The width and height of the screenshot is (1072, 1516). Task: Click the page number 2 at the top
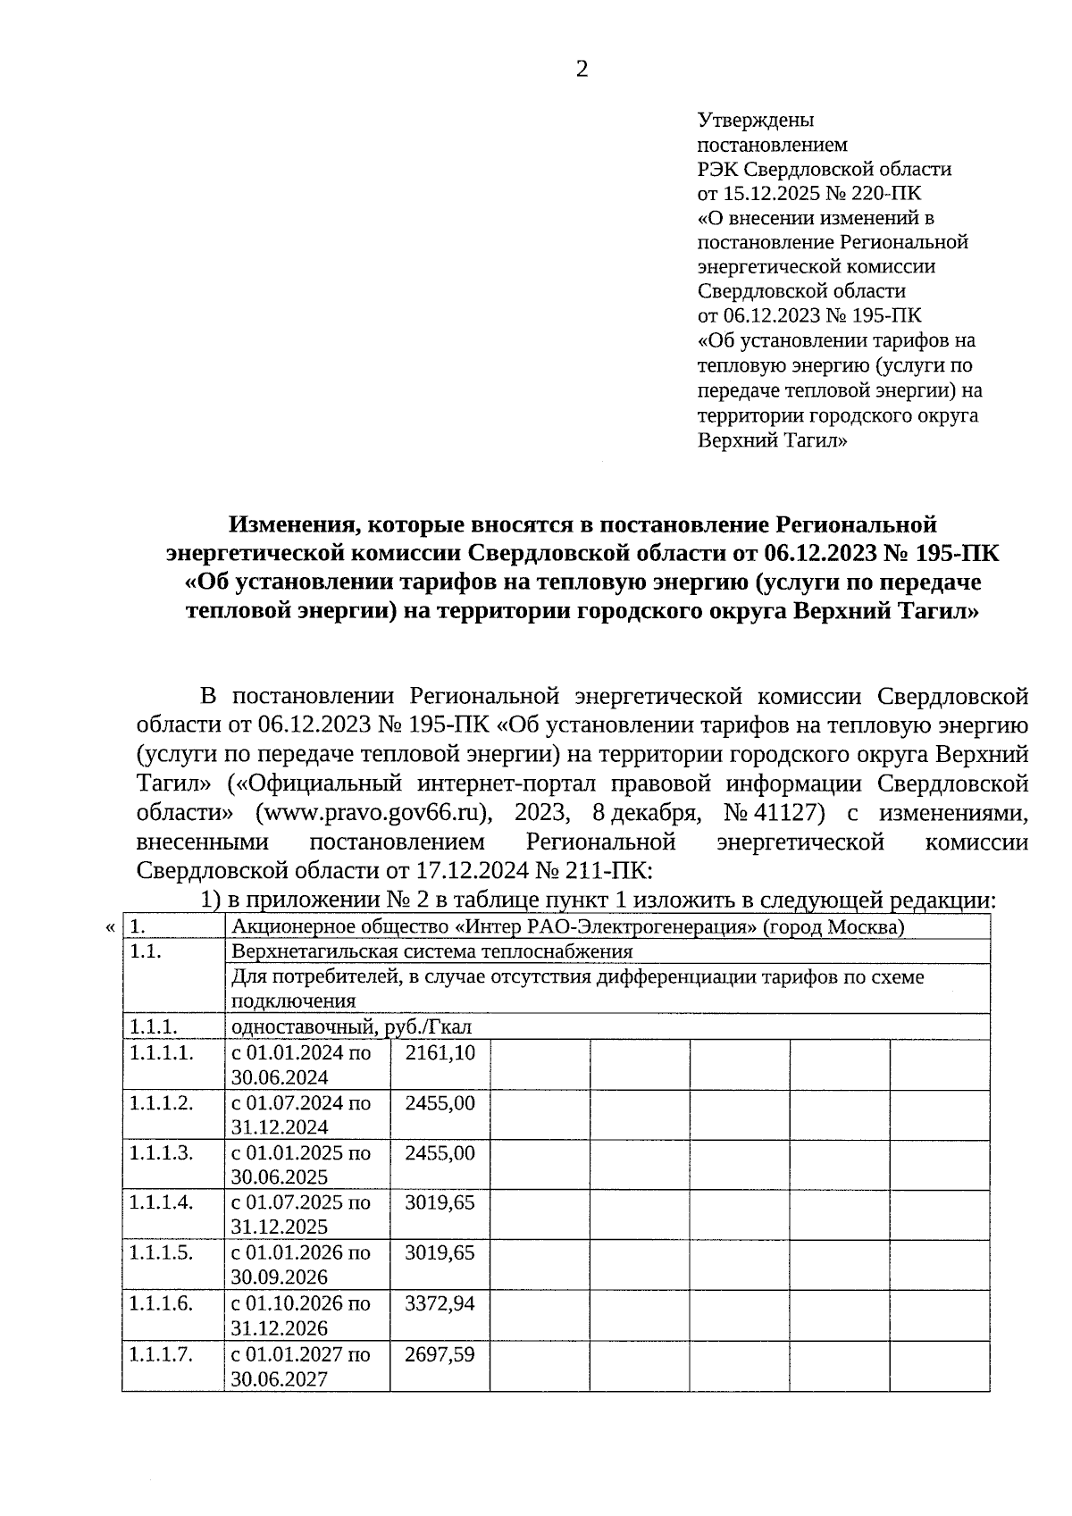(582, 70)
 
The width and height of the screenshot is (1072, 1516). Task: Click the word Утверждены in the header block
(755, 120)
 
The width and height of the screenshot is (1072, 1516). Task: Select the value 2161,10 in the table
(440, 1053)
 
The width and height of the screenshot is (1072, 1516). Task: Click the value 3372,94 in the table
(440, 1303)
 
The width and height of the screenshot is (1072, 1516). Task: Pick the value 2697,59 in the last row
(440, 1354)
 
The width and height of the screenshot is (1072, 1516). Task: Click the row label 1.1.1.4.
(161, 1202)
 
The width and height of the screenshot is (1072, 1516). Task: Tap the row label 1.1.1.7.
(161, 1354)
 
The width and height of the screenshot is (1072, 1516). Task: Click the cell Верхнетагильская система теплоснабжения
(431, 951)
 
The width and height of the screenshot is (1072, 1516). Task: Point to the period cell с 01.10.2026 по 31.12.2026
(301, 1315)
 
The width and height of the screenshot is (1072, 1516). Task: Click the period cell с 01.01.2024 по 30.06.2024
(301, 1065)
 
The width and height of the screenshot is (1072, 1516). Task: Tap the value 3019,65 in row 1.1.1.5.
(440, 1252)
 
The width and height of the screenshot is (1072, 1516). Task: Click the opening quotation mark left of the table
(110, 928)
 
